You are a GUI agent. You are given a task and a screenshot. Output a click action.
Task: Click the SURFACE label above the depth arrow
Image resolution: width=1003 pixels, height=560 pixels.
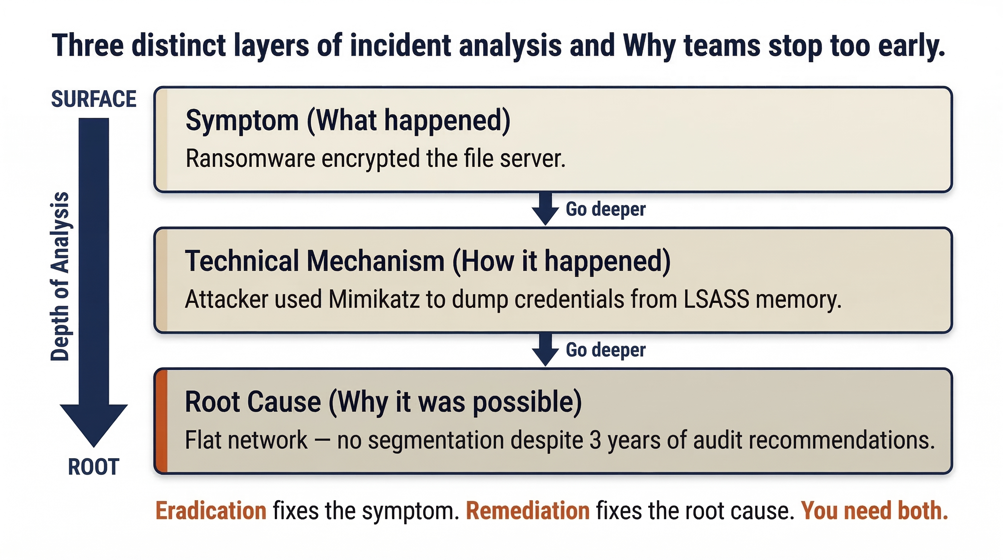[x=93, y=99]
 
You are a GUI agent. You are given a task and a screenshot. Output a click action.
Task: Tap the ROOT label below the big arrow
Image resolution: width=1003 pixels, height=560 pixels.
[x=93, y=467]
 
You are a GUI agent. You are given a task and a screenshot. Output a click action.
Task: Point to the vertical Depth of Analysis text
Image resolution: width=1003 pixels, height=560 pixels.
[x=60, y=276]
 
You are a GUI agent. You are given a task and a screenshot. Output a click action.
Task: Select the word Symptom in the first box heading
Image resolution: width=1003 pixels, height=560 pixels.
[x=242, y=120]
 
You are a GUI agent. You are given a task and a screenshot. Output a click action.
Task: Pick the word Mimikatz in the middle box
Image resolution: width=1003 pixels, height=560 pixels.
[x=374, y=299]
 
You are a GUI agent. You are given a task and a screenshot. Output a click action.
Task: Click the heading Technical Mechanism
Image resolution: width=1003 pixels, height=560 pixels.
[x=315, y=261]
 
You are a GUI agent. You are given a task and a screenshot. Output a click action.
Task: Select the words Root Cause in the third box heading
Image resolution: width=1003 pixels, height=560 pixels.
[x=253, y=402]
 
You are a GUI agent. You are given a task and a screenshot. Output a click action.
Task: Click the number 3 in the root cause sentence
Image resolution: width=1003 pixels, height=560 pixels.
[x=595, y=440]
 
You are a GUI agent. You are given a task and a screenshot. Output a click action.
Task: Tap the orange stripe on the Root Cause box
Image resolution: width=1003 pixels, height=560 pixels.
[x=161, y=421]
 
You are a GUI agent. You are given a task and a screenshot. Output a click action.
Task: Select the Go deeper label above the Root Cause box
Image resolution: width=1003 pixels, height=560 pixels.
[x=605, y=350]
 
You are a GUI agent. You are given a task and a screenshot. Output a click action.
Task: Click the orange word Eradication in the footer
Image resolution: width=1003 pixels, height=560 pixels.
[x=211, y=510]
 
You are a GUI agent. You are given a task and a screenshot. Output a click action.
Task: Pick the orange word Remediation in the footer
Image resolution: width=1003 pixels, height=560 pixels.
[x=528, y=510]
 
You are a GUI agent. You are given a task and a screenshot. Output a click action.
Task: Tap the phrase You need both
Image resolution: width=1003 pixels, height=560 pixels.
[x=874, y=510]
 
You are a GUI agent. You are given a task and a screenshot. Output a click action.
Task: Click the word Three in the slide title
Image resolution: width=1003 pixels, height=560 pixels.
[x=88, y=46]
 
